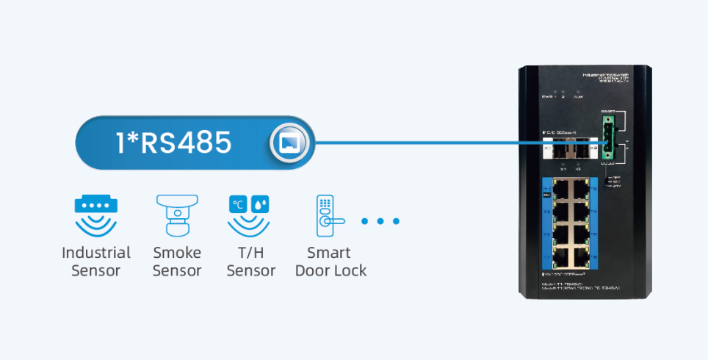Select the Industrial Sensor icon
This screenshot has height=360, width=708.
(x=96, y=214)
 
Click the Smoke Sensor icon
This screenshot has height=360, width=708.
(x=176, y=214)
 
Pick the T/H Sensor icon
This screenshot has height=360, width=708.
(x=250, y=214)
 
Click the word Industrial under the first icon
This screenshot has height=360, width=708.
(x=96, y=253)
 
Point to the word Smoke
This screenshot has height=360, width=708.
(x=177, y=253)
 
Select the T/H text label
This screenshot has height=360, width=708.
(x=250, y=253)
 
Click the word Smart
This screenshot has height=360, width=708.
(x=329, y=253)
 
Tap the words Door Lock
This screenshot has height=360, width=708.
(x=330, y=270)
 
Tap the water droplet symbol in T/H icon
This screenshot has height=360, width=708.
(x=261, y=204)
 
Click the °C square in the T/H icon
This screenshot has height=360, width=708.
(x=239, y=204)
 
